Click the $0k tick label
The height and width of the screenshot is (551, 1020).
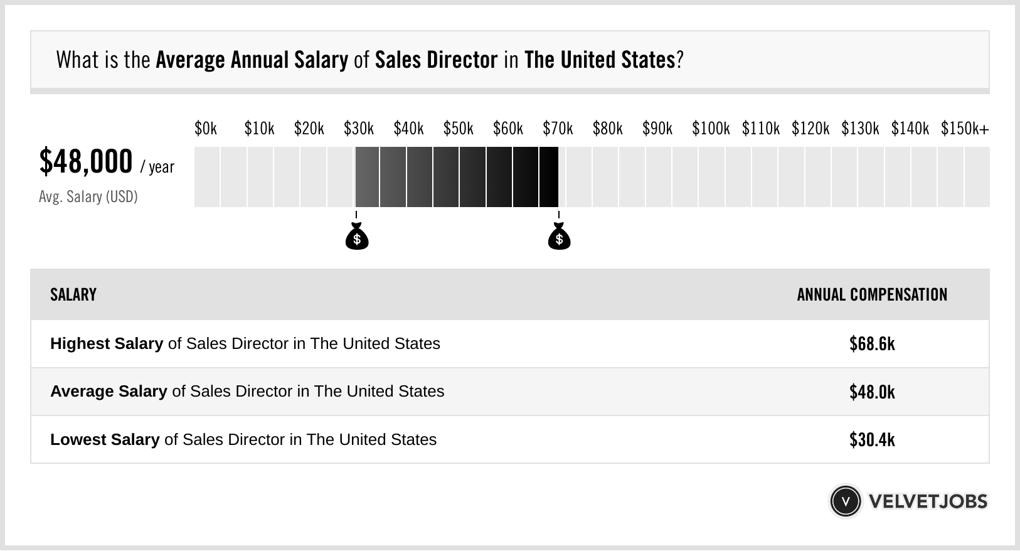pos(206,129)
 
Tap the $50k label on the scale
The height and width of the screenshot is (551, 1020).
pos(458,129)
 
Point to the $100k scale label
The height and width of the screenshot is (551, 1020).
pos(710,129)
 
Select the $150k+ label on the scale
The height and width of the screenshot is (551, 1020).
pos(964,129)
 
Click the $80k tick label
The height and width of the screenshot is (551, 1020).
pos(607,129)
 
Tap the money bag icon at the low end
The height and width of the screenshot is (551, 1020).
pos(357,237)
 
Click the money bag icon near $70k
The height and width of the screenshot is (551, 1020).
pos(559,237)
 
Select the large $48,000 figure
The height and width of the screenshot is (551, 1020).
pos(86,161)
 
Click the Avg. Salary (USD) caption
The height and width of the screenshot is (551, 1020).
pos(88,197)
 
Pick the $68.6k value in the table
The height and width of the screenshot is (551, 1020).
pos(872,344)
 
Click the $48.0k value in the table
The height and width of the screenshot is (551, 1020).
pos(872,392)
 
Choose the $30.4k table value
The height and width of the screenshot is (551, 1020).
pos(872,439)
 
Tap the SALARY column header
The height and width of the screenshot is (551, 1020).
pos(73,295)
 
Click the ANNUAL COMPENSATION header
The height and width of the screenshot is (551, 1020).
pos(872,295)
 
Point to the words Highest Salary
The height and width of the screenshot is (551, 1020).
pos(107,344)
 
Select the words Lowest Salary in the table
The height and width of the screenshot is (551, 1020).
pos(105,439)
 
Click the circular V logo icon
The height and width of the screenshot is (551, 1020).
pos(845,501)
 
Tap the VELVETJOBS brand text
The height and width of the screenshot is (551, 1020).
pos(928,501)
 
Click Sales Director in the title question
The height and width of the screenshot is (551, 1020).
pos(436,60)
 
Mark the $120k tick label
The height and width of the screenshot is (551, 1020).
pos(810,129)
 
